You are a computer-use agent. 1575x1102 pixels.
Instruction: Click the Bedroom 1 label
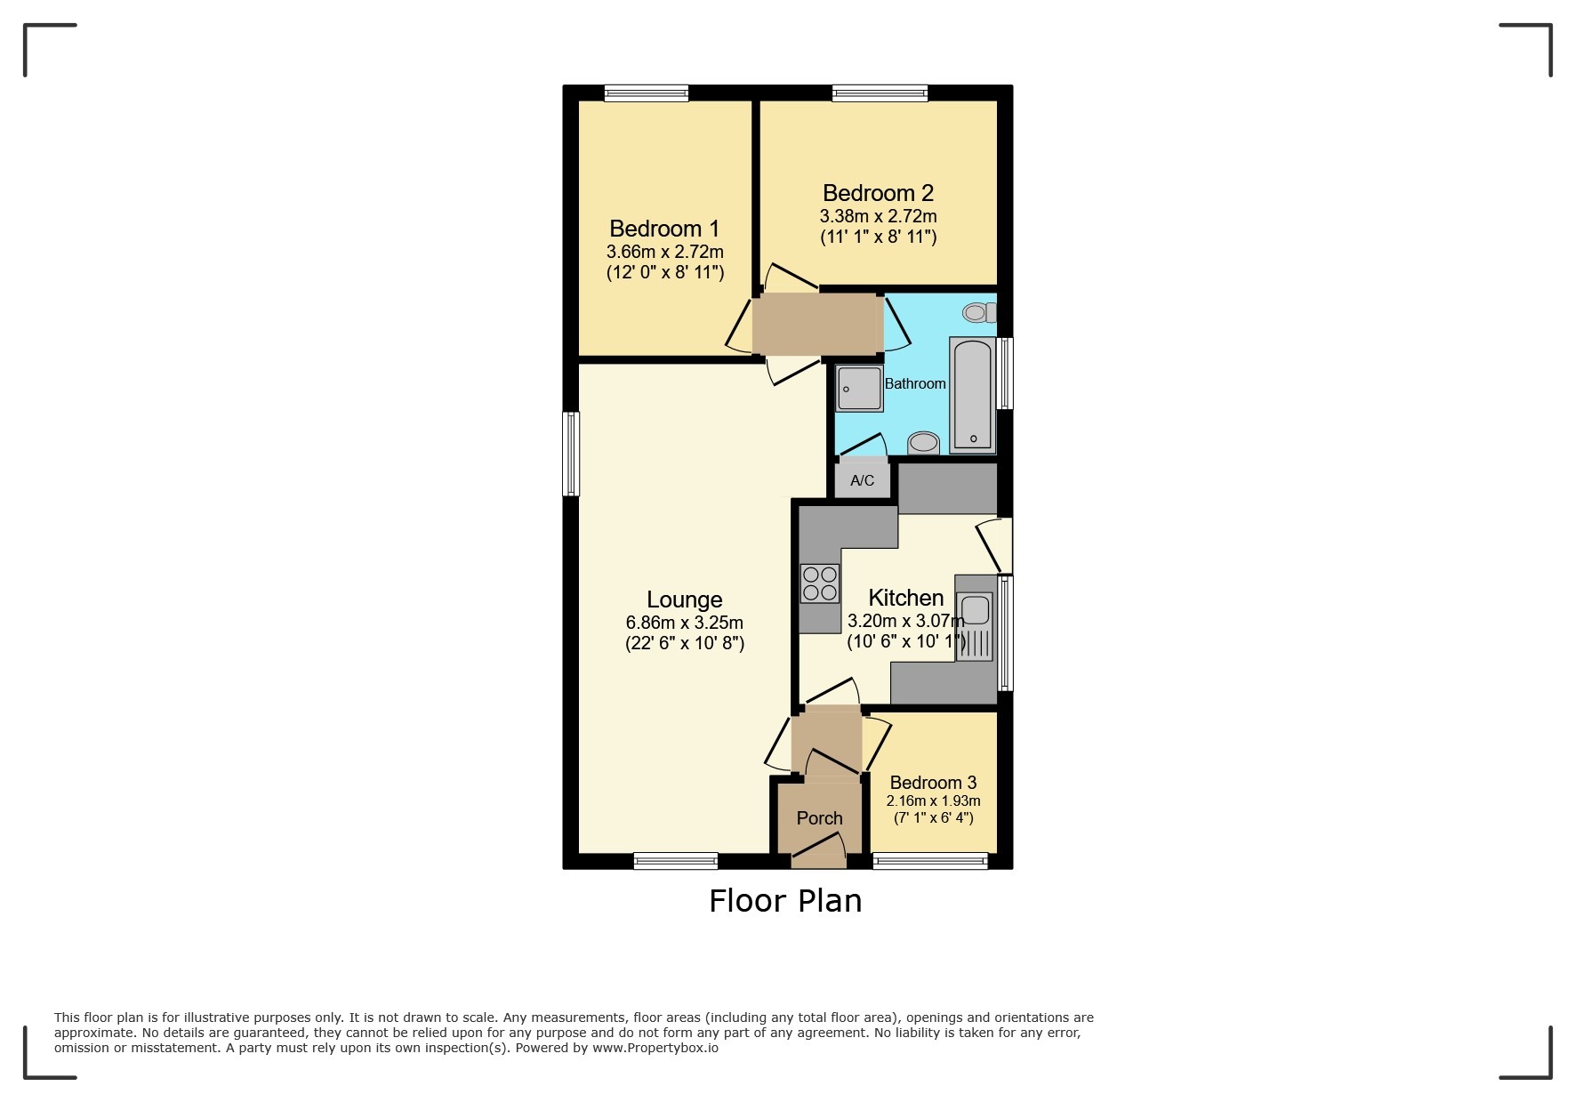[x=664, y=229]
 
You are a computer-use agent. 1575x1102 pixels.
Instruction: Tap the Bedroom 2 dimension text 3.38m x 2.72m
[x=878, y=216]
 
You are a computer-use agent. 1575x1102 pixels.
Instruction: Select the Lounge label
[x=684, y=599]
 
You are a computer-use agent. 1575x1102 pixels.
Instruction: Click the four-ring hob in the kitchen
[x=820, y=583]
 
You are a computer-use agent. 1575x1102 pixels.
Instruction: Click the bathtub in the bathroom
[x=972, y=395]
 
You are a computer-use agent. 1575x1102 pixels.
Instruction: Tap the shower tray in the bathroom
[x=859, y=389]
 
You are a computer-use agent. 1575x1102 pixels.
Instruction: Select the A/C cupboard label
[x=862, y=481]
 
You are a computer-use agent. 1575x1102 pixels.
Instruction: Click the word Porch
[x=819, y=818]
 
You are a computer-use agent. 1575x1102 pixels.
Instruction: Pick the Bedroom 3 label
[x=933, y=783]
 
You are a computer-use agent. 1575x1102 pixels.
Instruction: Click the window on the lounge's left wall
[x=572, y=453]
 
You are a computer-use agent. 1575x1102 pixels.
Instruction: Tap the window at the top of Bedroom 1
[x=647, y=93]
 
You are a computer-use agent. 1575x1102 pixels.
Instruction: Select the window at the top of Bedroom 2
[x=880, y=93]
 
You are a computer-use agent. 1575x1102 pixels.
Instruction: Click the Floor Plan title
[x=785, y=901]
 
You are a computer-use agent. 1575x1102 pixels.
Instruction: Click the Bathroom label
[x=915, y=383]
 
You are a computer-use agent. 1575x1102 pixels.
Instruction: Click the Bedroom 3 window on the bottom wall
[x=930, y=860]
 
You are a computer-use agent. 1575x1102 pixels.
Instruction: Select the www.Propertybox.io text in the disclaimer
[x=655, y=1048]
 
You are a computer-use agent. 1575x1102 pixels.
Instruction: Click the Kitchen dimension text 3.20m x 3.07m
[x=905, y=621]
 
